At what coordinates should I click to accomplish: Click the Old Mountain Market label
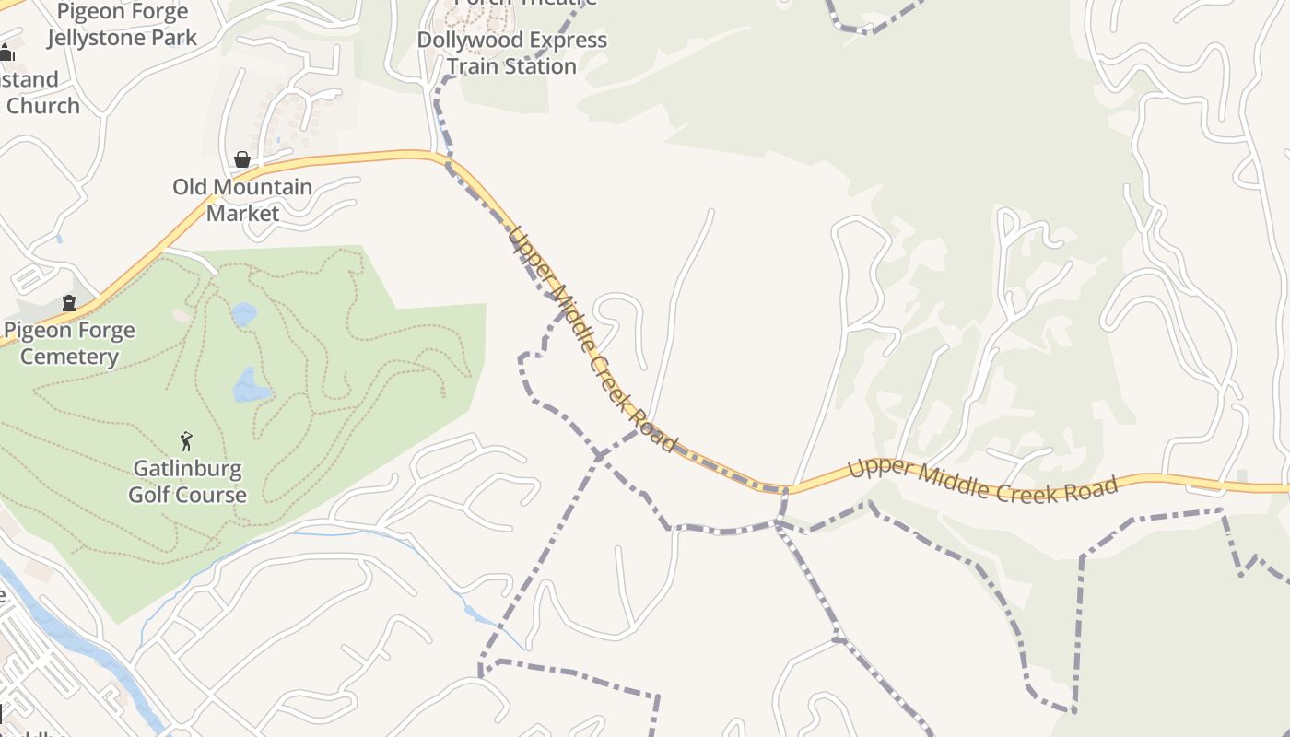coord(242,200)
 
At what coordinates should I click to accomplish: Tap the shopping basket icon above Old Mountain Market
coord(242,159)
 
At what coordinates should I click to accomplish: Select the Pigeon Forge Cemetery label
coord(69,344)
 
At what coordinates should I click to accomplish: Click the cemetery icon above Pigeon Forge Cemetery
coord(69,302)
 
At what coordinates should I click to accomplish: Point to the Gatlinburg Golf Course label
coord(187,481)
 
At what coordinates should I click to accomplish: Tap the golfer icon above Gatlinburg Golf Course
coord(187,441)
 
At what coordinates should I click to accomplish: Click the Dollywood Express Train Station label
coord(511,53)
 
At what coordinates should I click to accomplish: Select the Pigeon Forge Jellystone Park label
coord(123,25)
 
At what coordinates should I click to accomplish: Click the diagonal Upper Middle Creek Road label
coord(591,338)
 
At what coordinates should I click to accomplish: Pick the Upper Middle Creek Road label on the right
coord(982,480)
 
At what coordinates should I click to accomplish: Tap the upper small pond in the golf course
coord(244,315)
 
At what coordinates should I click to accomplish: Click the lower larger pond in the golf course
coord(251,385)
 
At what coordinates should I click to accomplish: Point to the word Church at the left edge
coord(42,106)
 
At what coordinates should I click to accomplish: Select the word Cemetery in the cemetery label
coord(69,357)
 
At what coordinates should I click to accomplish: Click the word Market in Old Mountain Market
coord(242,214)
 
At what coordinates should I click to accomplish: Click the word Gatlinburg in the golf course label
coord(187,468)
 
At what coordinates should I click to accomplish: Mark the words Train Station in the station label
coord(511,66)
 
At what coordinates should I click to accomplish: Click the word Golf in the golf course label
coord(150,495)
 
